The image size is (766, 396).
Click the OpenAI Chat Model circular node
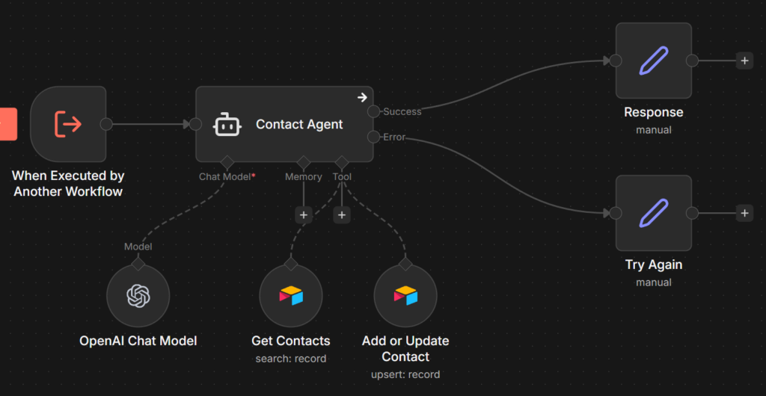click(138, 296)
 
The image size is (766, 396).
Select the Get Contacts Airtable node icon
click(291, 296)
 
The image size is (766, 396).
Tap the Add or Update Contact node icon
click(405, 296)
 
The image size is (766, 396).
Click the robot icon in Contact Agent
click(227, 125)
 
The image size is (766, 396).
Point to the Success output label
click(402, 111)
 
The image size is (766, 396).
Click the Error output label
click(394, 137)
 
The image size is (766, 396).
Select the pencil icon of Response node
click(653, 61)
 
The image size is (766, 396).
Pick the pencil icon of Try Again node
click(653, 213)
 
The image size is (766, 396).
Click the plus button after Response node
click(744, 61)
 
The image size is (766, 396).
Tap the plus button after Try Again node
click(744, 213)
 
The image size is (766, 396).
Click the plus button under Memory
click(303, 215)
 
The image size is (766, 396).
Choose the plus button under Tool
click(342, 215)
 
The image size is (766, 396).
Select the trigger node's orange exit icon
click(68, 124)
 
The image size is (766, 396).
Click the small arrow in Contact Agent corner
click(362, 97)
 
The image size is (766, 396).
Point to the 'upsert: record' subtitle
click(405, 374)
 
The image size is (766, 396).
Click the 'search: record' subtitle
click(291, 358)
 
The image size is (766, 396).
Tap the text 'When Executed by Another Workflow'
click(68, 184)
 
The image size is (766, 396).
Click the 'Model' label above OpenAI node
click(138, 247)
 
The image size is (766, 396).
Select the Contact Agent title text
click(299, 125)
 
